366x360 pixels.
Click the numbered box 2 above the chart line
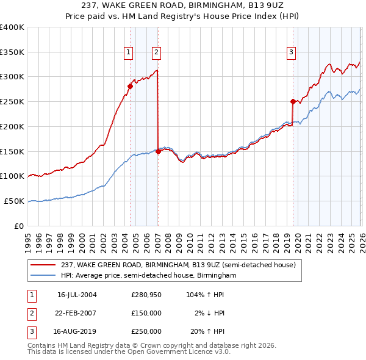click(157, 53)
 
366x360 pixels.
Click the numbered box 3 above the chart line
click(292, 53)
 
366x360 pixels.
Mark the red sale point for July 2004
click(130, 86)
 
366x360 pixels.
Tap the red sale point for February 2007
click(158, 151)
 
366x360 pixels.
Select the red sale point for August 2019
click(293, 101)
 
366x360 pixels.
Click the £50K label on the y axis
click(14, 201)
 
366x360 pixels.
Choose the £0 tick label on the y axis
click(20, 226)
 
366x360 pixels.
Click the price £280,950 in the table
click(146, 294)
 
